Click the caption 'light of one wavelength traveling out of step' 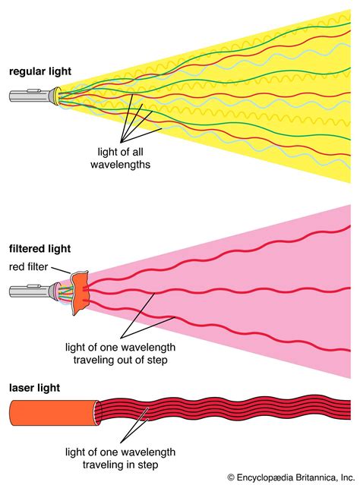coord(161,352)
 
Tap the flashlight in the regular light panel coord(31,96)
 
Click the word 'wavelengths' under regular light coord(131,162)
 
